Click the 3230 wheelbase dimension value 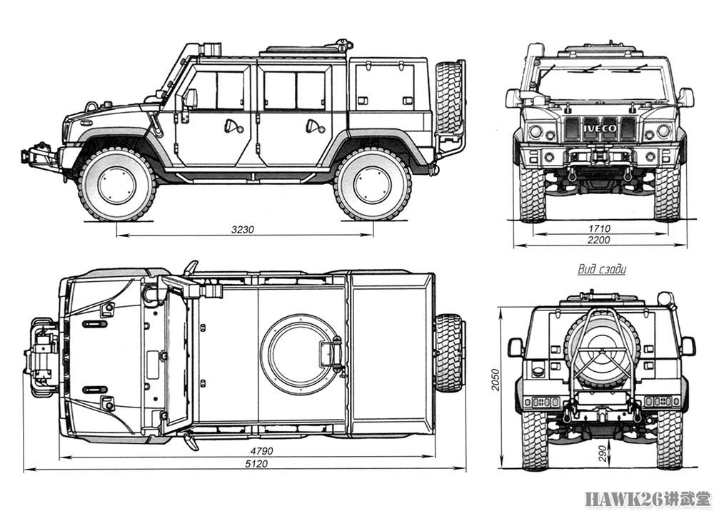pos(242,230)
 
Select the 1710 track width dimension pos(599,228)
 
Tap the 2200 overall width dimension pos(599,241)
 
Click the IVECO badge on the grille pos(598,128)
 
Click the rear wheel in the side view pos(373,184)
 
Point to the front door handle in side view pos(231,127)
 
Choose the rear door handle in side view pos(311,127)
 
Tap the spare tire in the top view pos(449,353)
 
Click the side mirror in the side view pos(189,98)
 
